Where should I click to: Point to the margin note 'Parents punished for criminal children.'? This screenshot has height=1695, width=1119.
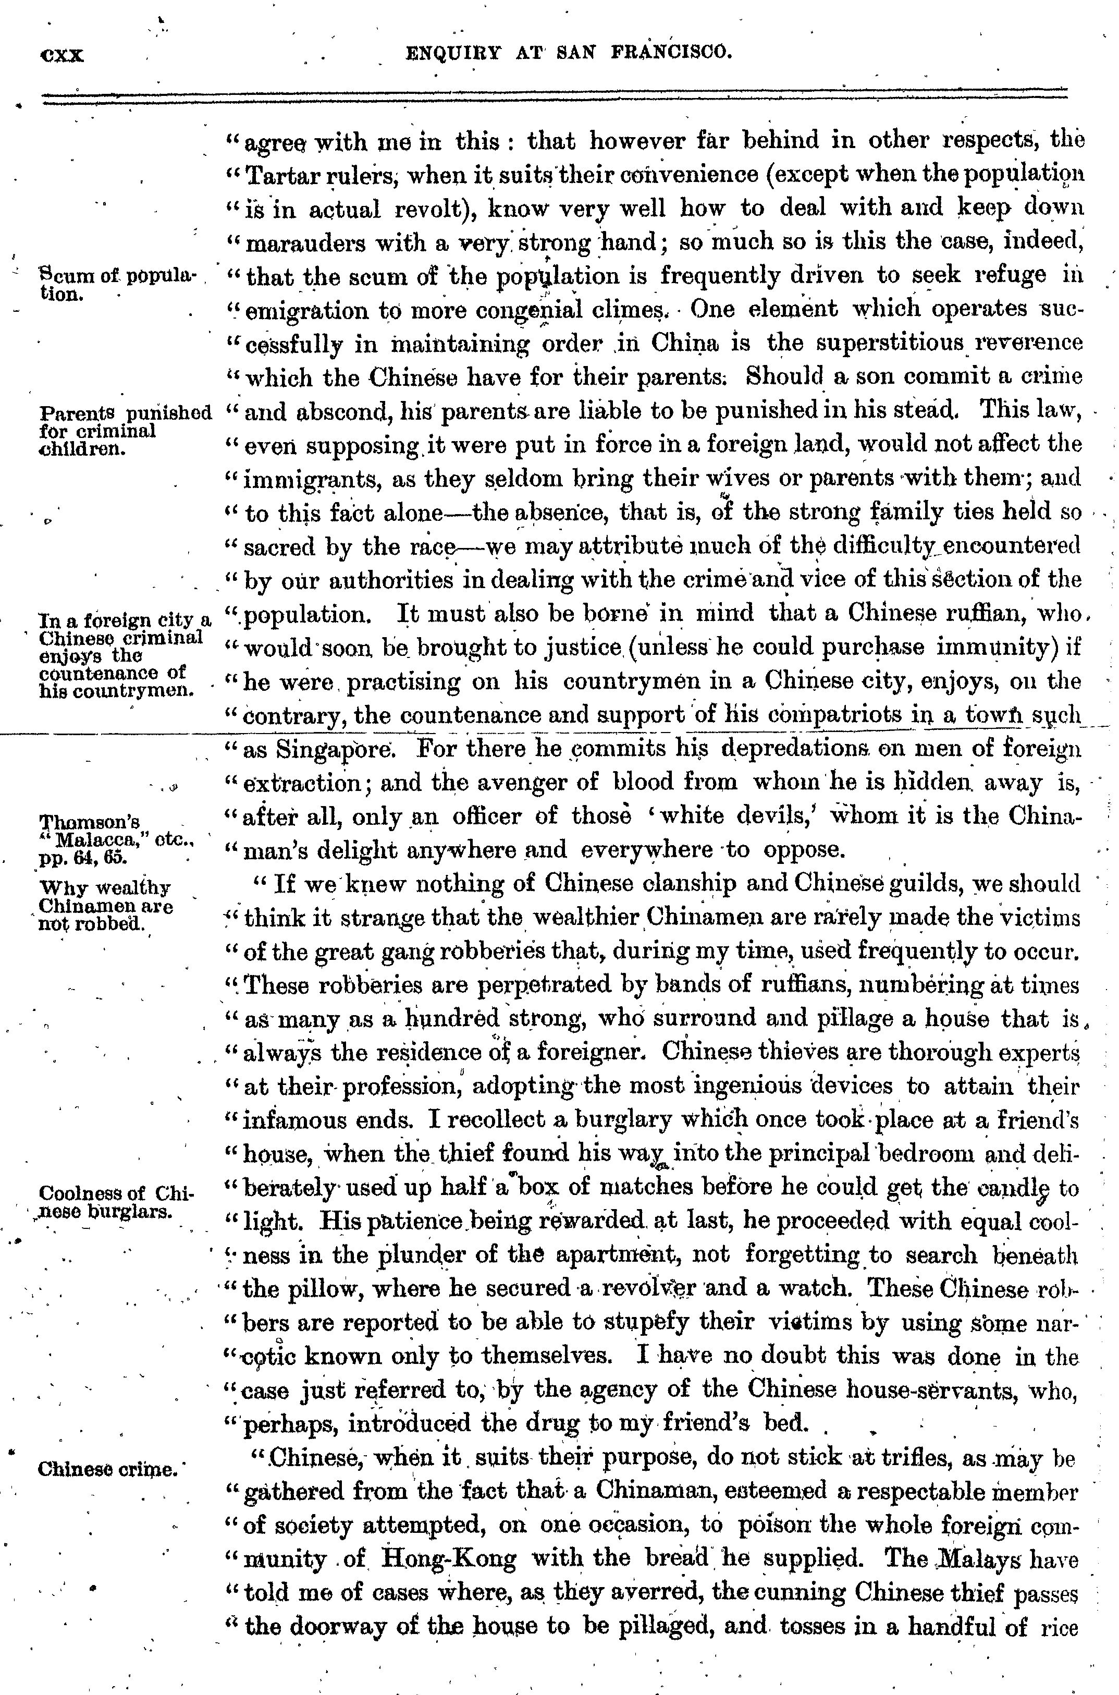126,431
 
